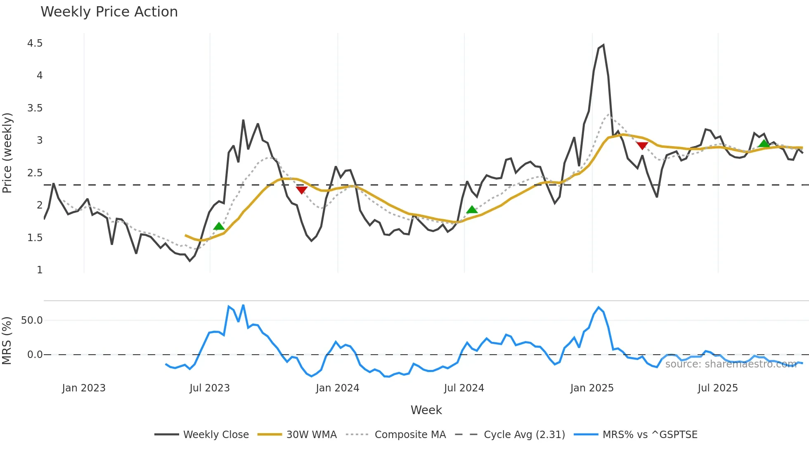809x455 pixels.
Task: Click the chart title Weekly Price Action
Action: (x=109, y=12)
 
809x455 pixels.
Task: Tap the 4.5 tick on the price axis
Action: (x=35, y=43)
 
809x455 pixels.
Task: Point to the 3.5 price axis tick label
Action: (x=35, y=108)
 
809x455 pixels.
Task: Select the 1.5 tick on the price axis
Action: (x=35, y=238)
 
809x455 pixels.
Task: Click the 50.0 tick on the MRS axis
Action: (x=32, y=320)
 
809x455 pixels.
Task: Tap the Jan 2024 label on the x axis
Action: (x=337, y=388)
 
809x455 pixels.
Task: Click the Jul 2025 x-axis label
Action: (x=717, y=388)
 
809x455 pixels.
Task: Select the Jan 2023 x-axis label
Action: (x=84, y=388)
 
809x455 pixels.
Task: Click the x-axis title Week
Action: (x=426, y=410)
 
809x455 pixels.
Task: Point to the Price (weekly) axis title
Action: (x=7, y=153)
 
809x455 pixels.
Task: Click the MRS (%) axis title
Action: (x=7, y=341)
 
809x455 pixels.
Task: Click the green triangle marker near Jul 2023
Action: (x=219, y=226)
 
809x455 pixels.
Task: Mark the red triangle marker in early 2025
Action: (x=642, y=146)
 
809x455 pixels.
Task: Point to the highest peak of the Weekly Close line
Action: (x=603, y=45)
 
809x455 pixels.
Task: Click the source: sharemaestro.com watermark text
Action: (x=731, y=364)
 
